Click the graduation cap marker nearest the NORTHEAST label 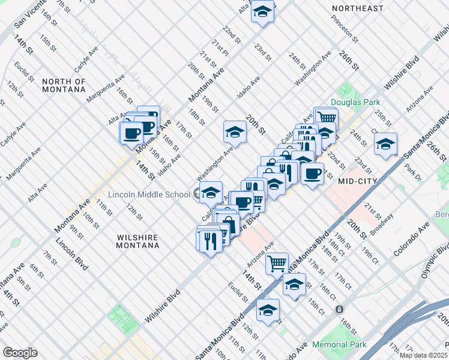[262, 12]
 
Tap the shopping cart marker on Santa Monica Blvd [276, 262]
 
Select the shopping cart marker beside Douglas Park [325, 118]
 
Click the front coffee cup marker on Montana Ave [131, 132]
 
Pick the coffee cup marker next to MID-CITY [312, 174]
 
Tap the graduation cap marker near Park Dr [385, 143]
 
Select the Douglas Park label [355, 103]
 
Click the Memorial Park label [339, 345]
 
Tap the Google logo [20, 353]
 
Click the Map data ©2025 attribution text [423, 355]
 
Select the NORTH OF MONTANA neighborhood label [64, 85]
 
